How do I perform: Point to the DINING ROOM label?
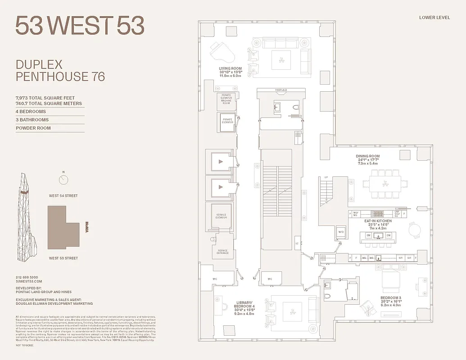point(368,160)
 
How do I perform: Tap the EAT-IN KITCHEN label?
point(378,224)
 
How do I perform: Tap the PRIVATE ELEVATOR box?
point(227,121)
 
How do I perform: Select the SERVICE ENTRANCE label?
point(222,252)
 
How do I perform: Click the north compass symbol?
point(63,180)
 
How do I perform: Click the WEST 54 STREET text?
point(63,196)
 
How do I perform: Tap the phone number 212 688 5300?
point(27,277)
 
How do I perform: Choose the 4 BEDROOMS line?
point(31,112)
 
